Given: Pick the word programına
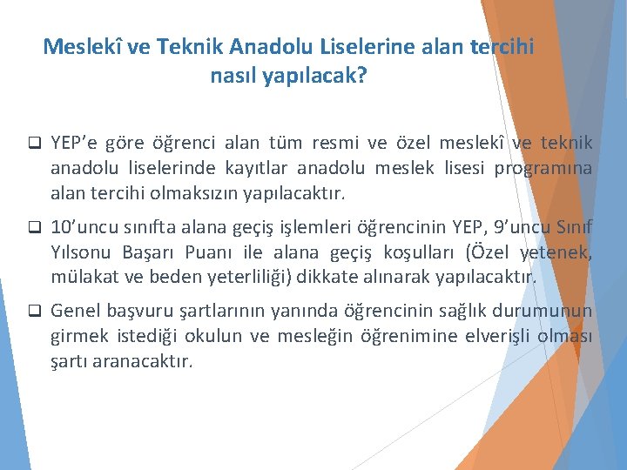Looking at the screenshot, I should click(544, 167).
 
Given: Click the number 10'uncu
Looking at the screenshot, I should click(85, 228).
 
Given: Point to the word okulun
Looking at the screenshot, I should click(220, 336).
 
